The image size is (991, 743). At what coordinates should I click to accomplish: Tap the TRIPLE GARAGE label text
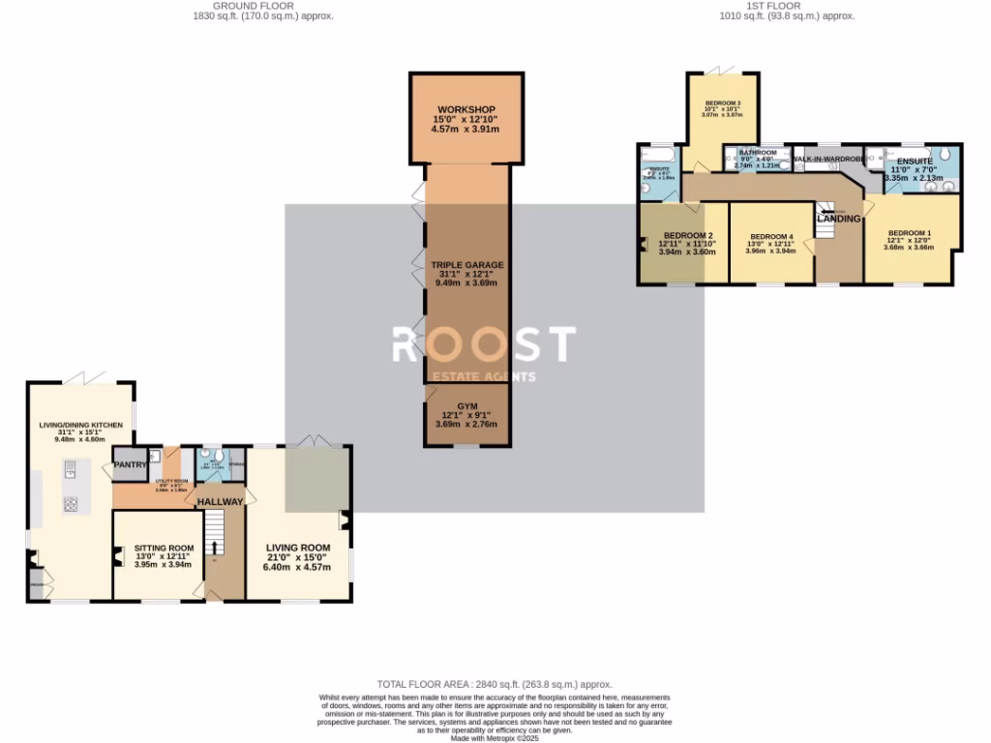click(x=467, y=265)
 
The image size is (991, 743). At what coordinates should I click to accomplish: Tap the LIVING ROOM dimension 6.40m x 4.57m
click(x=299, y=567)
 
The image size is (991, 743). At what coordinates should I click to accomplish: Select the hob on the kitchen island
click(x=71, y=504)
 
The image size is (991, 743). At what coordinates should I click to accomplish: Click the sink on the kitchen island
click(x=71, y=471)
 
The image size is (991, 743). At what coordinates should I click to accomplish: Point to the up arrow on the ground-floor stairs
click(x=215, y=548)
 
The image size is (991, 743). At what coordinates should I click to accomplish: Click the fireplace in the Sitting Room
click(x=118, y=556)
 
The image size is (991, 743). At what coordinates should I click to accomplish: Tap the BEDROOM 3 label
click(x=722, y=104)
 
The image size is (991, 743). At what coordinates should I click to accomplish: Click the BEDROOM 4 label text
click(x=771, y=236)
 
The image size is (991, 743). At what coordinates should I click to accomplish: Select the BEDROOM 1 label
click(x=910, y=232)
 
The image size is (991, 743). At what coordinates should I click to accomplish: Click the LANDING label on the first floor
click(x=838, y=219)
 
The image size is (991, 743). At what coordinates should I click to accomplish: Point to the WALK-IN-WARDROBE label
click(x=827, y=158)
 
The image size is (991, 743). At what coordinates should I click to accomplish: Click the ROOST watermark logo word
click(x=483, y=344)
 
